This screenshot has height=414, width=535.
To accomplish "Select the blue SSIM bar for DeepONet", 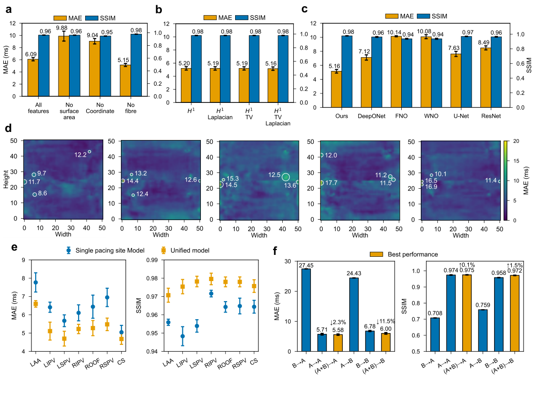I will tap(376, 72).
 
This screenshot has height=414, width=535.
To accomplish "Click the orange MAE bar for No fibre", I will tap(125, 81).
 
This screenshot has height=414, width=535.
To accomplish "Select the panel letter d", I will tap(9, 129).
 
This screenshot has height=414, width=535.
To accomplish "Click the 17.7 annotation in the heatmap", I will tap(331, 183).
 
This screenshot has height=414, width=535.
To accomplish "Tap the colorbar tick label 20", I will tap(516, 141).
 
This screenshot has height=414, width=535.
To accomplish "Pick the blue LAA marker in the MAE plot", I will tap(36, 283).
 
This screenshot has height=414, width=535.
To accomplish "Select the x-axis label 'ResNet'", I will tap(489, 116).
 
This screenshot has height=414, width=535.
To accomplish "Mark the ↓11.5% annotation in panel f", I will tap(386, 322).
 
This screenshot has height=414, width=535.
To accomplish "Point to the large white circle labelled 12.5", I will tap(286, 177).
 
